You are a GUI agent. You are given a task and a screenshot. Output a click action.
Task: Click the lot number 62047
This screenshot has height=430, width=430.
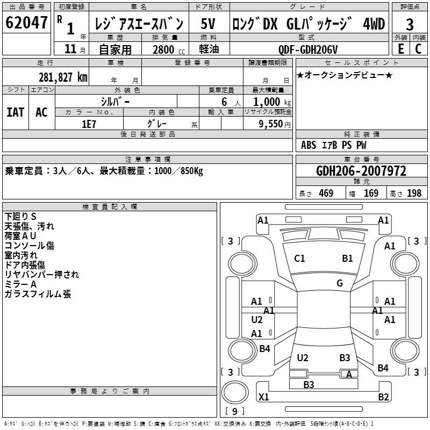pos(26,23)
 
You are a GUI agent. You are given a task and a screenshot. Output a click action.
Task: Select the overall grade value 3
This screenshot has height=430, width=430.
pos(410,25)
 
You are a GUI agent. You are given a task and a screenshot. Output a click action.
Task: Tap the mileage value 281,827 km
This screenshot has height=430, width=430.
pos(63,77)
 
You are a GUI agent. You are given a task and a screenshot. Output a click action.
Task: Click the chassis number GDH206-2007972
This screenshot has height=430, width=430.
pos(361,171)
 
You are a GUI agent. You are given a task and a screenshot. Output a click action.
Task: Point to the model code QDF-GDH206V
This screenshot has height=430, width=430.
pos(307,49)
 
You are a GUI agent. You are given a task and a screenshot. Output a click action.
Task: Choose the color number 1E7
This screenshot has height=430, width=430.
pos(89,124)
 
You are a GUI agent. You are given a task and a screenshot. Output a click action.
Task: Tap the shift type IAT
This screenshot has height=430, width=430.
pos(15,112)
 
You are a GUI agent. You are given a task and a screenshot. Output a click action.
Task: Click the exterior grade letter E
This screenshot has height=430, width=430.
pos(400,49)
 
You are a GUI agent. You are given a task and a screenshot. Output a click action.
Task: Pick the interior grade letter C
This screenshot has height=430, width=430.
pos(418,49)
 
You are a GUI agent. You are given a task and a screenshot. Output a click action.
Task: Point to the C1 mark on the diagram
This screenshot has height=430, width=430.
pos(299,259)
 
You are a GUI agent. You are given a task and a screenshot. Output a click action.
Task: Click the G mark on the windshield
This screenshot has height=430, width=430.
pos(340,283)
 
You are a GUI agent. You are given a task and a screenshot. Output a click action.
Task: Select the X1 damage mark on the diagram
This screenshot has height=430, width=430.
pos(263,397)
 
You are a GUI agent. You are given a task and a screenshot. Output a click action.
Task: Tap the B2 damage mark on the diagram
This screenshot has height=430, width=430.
pos(383,397)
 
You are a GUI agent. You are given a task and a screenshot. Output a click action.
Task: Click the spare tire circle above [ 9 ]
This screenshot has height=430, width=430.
pos(235,392)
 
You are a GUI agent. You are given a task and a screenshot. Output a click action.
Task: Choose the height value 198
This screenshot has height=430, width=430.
pos(414,193)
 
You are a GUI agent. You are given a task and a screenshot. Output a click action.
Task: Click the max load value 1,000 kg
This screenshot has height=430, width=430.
pos(272,102)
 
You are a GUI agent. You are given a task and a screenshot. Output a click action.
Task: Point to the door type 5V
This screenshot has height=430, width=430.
pos(208,24)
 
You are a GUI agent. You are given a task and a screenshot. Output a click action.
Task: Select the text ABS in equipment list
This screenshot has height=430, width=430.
pos(309,145)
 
